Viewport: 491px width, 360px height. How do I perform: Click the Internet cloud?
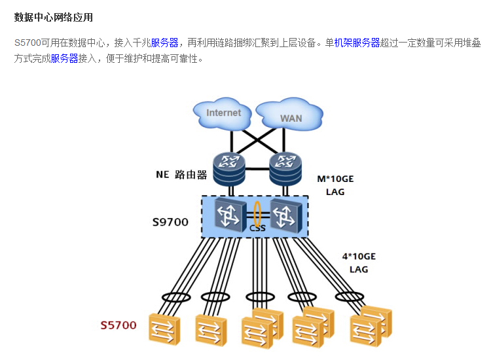coord(223,114)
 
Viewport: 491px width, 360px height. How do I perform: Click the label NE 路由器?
coord(181,175)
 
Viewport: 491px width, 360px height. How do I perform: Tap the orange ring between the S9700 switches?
coord(257,215)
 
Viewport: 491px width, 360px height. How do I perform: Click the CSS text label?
coord(257,229)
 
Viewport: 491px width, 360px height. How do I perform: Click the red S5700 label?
coord(118,325)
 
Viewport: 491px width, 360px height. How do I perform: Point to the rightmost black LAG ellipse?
coord(350,297)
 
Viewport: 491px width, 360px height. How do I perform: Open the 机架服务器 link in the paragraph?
coord(357,43)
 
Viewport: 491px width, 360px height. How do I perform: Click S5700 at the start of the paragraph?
coord(27,43)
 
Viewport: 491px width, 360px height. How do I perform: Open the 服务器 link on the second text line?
coord(64,59)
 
